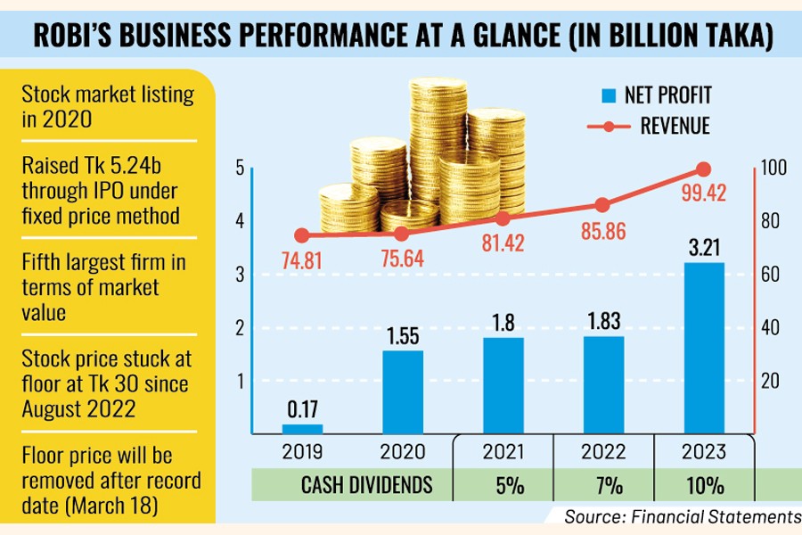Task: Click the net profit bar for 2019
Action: (303, 428)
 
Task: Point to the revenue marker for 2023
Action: (703, 169)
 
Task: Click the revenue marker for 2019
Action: (303, 235)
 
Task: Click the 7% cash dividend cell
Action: (602, 486)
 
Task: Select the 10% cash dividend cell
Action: (703, 486)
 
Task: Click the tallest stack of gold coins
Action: (437, 143)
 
